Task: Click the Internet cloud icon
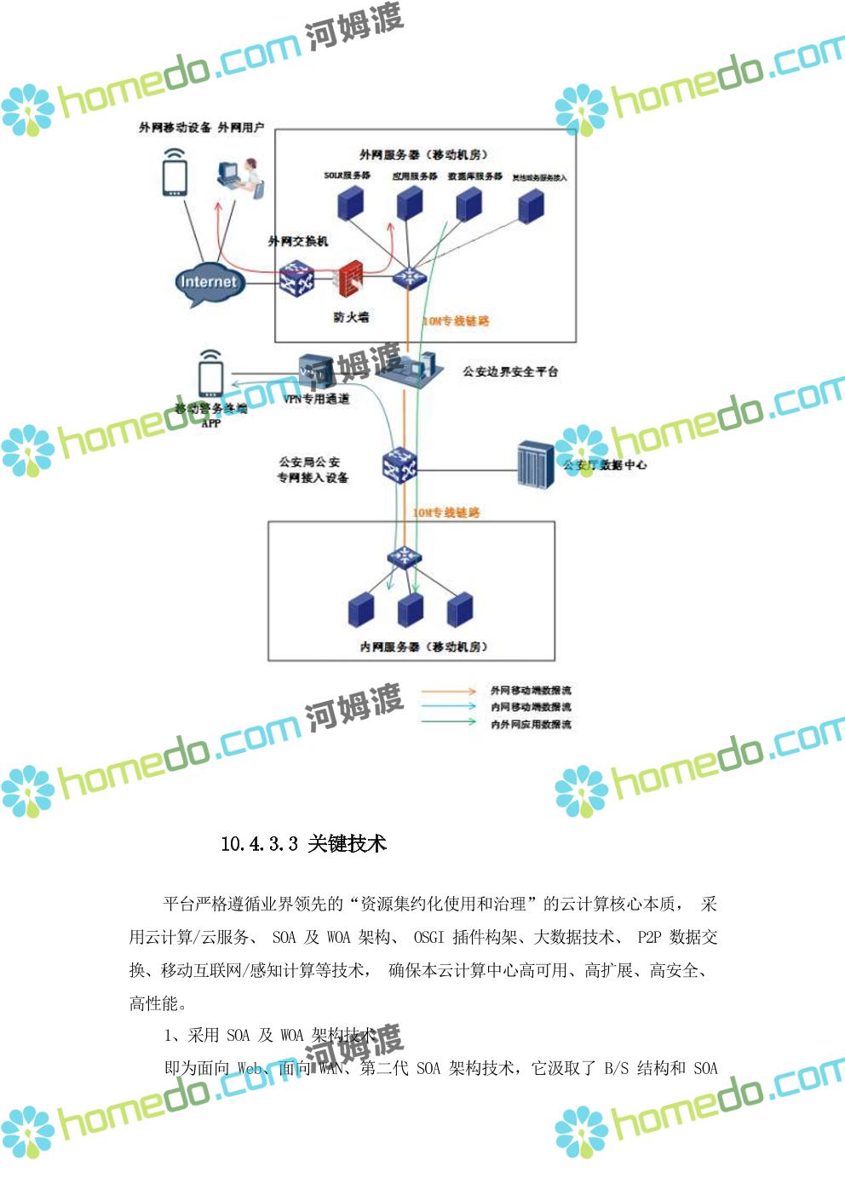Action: click(x=209, y=282)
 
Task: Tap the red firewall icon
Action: click(x=349, y=279)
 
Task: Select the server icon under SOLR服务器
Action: click(x=349, y=203)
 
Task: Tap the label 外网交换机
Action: click(x=298, y=241)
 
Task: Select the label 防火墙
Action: click(x=351, y=317)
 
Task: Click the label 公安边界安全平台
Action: click(x=510, y=371)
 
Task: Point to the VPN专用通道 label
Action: click(x=316, y=399)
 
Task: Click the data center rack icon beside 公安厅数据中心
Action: click(x=536, y=465)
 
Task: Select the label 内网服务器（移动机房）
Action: click(x=423, y=646)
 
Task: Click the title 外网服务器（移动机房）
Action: click(x=422, y=154)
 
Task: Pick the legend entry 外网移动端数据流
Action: click(x=530, y=691)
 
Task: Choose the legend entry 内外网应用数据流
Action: click(x=530, y=724)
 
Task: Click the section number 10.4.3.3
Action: click(x=259, y=844)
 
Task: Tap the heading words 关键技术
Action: click(x=347, y=844)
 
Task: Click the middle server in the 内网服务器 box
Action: click(x=410, y=609)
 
